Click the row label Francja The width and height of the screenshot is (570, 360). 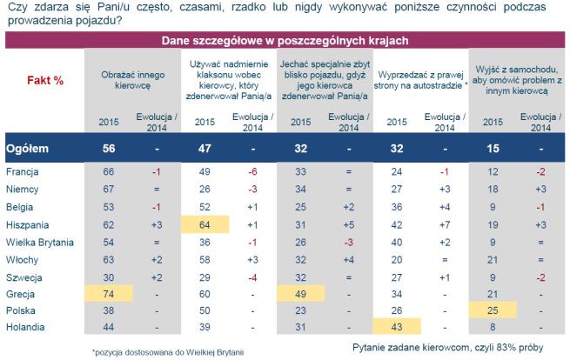(x=23, y=172)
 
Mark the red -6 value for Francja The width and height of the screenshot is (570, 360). (x=252, y=172)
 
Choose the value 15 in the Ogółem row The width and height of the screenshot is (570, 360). (x=493, y=149)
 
